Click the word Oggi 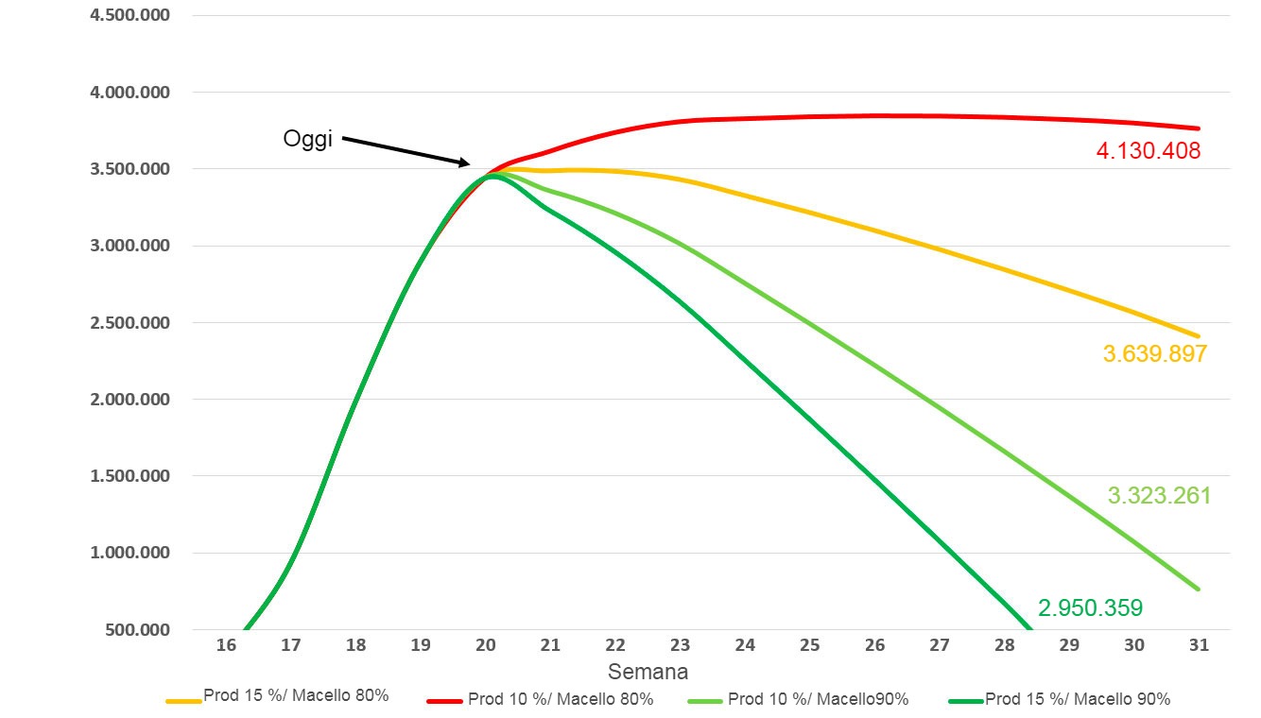point(307,139)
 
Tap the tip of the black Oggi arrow point(470,164)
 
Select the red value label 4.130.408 point(1149,151)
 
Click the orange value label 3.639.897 point(1154,354)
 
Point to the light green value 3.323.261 point(1159,496)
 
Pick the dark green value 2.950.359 point(1091,607)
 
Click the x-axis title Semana point(648,672)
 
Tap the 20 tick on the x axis point(485,645)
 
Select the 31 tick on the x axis point(1199,645)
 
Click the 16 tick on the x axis point(226,645)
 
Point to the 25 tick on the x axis point(809,645)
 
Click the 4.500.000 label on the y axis point(130,15)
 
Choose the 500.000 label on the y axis point(137,629)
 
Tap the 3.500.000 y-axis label point(130,169)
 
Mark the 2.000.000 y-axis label point(130,400)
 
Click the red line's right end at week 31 point(1198,128)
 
